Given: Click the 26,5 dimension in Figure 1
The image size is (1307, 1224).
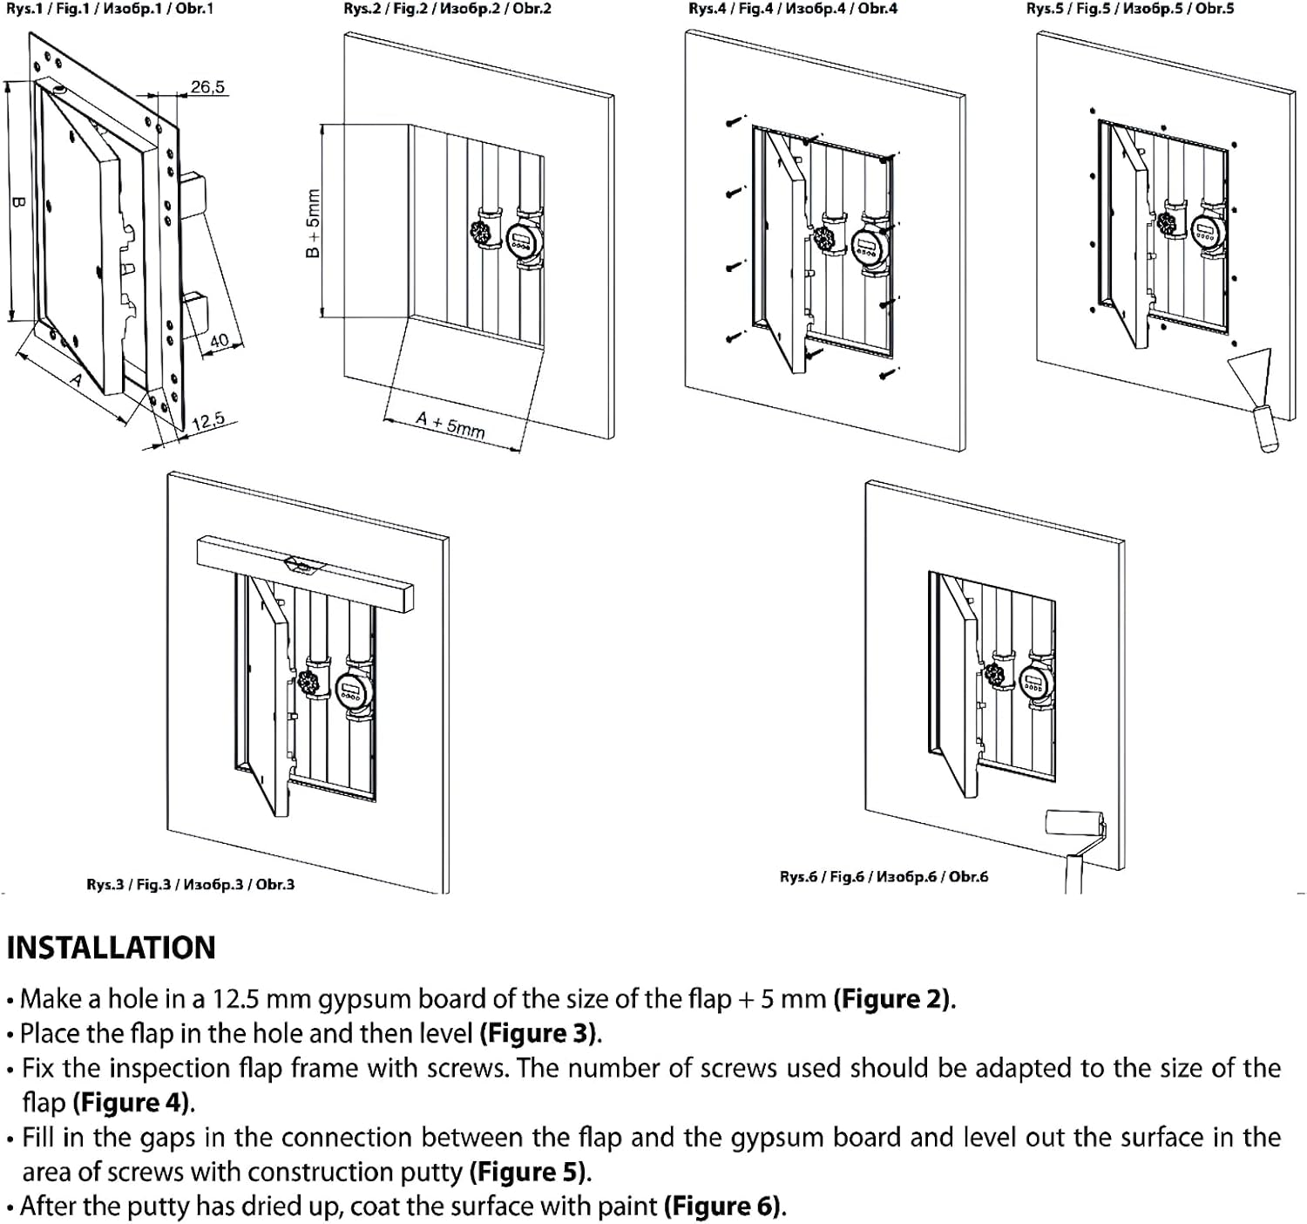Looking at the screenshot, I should click(x=207, y=87).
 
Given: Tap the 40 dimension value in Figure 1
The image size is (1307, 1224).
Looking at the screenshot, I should click(x=219, y=340).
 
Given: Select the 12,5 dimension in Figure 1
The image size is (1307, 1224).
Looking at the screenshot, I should click(x=207, y=422).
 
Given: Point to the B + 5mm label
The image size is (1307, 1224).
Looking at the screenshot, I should click(x=313, y=224).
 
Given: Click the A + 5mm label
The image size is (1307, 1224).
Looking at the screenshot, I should click(x=450, y=425).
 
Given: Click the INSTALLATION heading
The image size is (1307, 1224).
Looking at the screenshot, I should click(x=111, y=948).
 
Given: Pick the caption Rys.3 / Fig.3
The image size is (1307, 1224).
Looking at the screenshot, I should click(x=190, y=884).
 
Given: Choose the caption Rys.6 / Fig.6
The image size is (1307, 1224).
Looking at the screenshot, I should click(x=884, y=876).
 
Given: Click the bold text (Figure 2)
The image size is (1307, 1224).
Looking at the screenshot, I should click(x=894, y=998).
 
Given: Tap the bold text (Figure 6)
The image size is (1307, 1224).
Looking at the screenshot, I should click(x=724, y=1206).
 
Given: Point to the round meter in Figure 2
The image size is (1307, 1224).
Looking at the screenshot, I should click(x=525, y=239).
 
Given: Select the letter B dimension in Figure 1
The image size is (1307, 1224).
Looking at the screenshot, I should click(x=18, y=202).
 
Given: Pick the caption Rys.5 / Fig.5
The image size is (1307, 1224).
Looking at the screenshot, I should click(x=1130, y=9).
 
